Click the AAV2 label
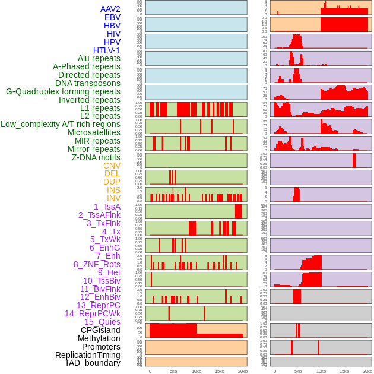(x=110, y=9)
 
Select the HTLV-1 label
(x=107, y=50)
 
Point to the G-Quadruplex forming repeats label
(x=63, y=91)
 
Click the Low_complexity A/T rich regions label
(x=61, y=124)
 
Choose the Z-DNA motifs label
(x=96, y=157)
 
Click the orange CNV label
(x=112, y=166)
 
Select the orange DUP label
(x=112, y=182)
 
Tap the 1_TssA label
(x=107, y=207)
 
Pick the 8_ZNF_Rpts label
(x=97, y=264)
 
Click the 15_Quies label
(x=102, y=322)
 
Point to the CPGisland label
(x=100, y=330)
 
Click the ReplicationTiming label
(x=87, y=355)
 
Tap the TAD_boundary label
(x=93, y=363)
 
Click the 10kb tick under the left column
(x=196, y=371)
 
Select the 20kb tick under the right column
(x=367, y=371)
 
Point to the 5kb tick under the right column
(x=298, y=371)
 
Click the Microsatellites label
(x=94, y=132)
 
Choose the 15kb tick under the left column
(x=219, y=371)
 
